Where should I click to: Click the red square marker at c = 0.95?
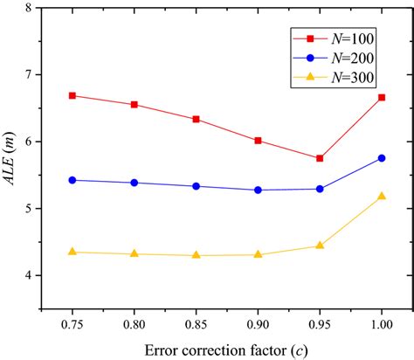(x=320, y=158)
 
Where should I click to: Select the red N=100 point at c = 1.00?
(x=382, y=97)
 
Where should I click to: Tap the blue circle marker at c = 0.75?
(x=72, y=180)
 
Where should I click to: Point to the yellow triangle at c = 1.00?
(x=382, y=197)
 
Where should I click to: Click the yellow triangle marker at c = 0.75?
(x=72, y=252)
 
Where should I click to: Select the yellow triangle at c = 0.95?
(x=320, y=246)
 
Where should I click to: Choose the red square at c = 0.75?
(x=72, y=95)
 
